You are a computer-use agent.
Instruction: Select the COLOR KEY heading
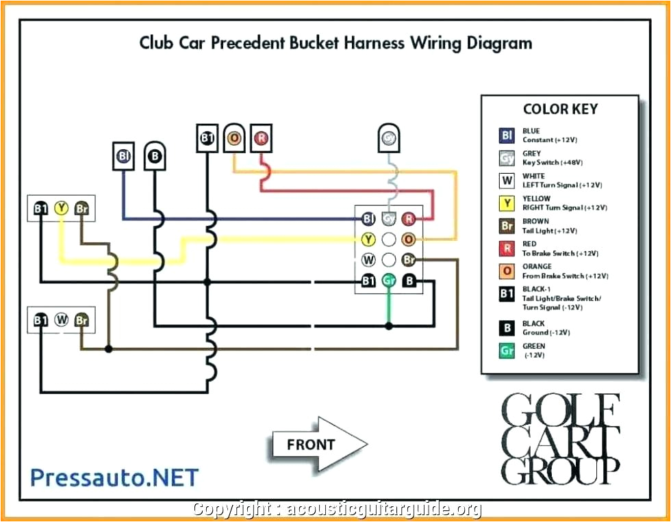pyautogui.click(x=560, y=109)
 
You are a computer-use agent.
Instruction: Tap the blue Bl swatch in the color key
pyautogui.click(x=507, y=135)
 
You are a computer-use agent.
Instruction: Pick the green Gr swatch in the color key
pyautogui.click(x=507, y=350)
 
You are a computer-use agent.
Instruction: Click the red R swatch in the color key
pyautogui.click(x=507, y=248)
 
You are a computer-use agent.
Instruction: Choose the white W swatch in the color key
pyautogui.click(x=507, y=181)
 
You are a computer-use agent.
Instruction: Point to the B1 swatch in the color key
pyautogui.click(x=507, y=294)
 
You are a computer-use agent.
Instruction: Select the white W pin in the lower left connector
pyautogui.click(x=61, y=319)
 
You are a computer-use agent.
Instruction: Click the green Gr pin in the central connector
pyautogui.click(x=389, y=280)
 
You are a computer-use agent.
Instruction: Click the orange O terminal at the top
pyautogui.click(x=234, y=138)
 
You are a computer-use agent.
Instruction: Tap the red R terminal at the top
pyautogui.click(x=261, y=138)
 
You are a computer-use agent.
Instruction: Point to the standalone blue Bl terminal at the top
pyautogui.click(x=124, y=156)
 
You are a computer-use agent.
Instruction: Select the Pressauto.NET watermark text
pyautogui.click(x=115, y=478)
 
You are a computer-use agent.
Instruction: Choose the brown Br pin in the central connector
pyautogui.click(x=409, y=260)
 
